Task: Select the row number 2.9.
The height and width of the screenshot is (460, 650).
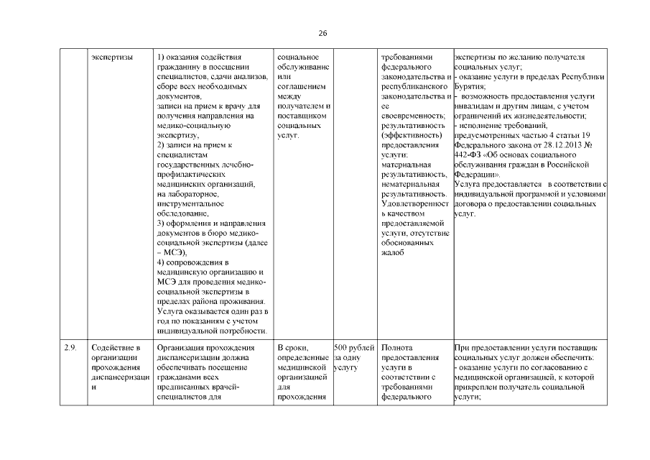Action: coord(70,348)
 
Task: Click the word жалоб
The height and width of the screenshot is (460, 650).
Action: coord(394,252)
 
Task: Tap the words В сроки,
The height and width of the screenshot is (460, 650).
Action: coord(292,348)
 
